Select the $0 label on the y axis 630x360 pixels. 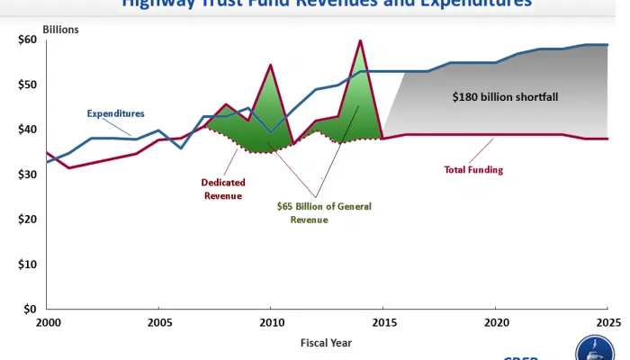[29, 309]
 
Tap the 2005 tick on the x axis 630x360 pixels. [158, 321]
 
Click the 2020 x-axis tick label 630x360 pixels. [495, 321]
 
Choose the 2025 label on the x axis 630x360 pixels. [607, 321]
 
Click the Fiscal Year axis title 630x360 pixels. [327, 342]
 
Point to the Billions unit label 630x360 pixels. [60, 30]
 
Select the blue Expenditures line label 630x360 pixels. [115, 113]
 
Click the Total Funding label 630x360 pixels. [473, 168]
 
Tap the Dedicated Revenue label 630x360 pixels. [222, 189]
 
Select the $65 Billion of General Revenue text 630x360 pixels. [325, 211]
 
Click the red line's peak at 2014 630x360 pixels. [360, 40]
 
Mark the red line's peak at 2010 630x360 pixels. [271, 65]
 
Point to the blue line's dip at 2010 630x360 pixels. [271, 132]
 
